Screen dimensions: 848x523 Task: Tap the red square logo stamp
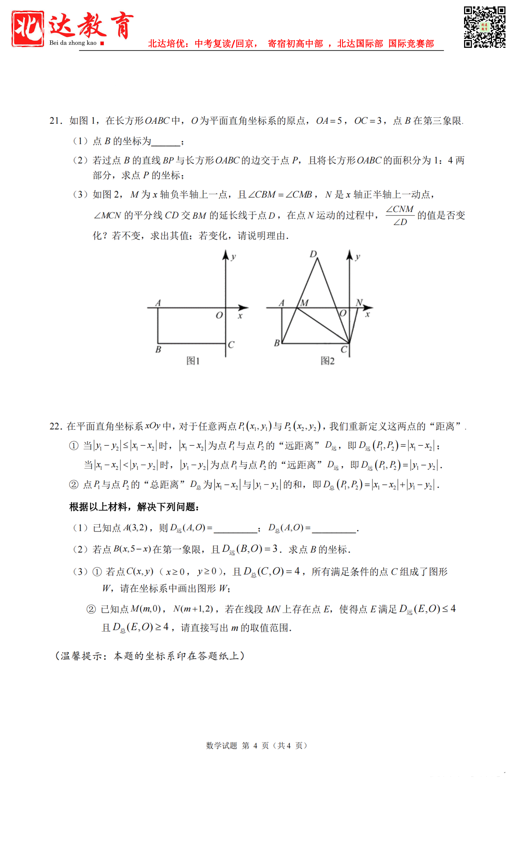pyautogui.click(x=28, y=28)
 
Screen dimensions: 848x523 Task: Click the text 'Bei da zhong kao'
pyautogui.click(x=73, y=43)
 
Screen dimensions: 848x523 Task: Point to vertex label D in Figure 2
pyautogui.click(x=313, y=254)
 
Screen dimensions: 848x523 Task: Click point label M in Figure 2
pyautogui.click(x=304, y=303)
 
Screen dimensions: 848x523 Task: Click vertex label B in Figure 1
pyautogui.click(x=158, y=349)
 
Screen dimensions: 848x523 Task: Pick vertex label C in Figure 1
pyautogui.click(x=231, y=345)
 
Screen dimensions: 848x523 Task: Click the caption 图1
pyautogui.click(x=193, y=361)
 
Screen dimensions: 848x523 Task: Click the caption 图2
pyautogui.click(x=327, y=361)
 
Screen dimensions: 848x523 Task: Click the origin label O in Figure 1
pyautogui.click(x=219, y=315)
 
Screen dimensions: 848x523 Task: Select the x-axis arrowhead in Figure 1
pyautogui.click(x=244, y=307)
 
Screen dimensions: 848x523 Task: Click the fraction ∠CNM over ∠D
pyautogui.click(x=400, y=215)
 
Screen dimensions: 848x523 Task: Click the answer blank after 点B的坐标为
pyautogui.click(x=166, y=142)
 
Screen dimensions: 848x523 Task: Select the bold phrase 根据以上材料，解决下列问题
pyautogui.click(x=134, y=507)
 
